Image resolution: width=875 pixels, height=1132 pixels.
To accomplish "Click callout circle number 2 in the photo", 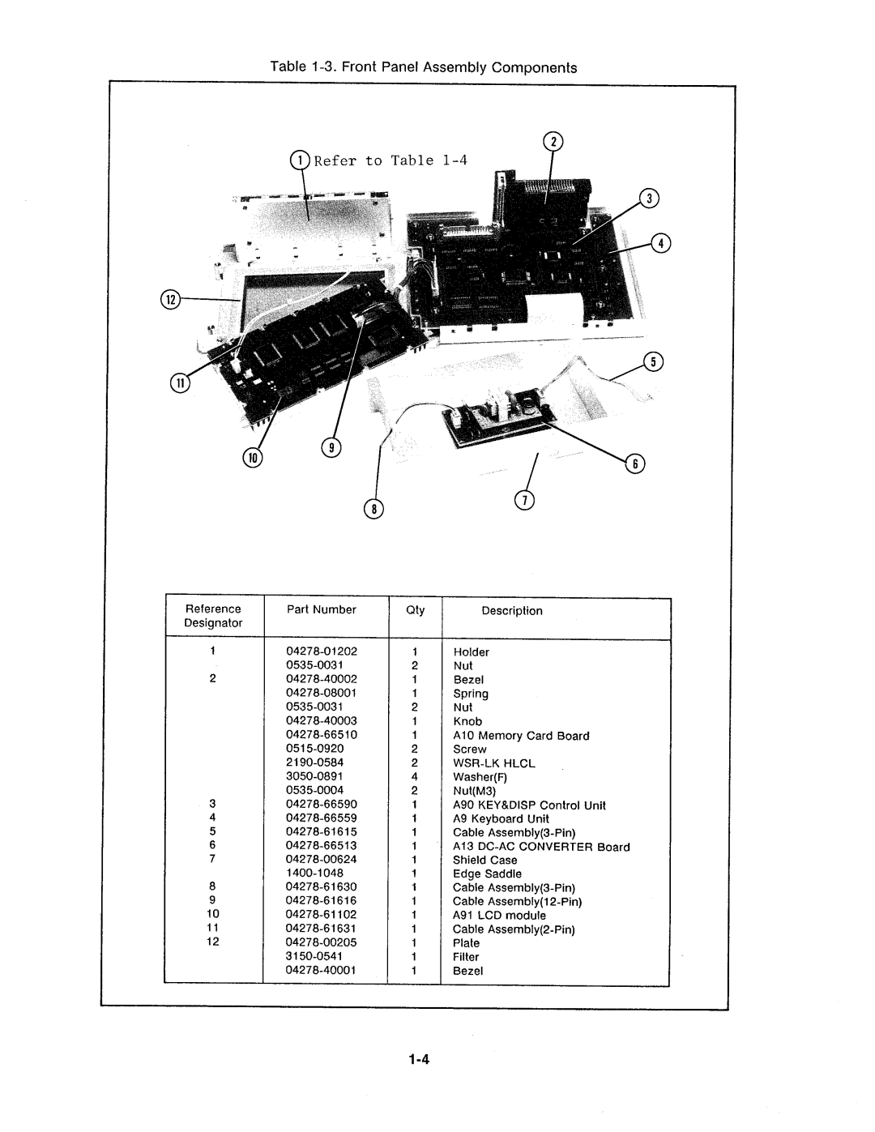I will (553, 141).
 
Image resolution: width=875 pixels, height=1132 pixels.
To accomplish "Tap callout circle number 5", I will (653, 362).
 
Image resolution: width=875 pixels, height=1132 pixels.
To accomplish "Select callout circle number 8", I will (373, 509).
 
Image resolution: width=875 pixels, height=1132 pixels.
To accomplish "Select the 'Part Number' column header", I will (322, 609).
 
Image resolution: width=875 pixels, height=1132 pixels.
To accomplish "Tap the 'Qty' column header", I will (415, 609).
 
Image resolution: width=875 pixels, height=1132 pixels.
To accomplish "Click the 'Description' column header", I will (512, 610).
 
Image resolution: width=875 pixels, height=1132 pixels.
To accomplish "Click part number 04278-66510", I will (322, 734).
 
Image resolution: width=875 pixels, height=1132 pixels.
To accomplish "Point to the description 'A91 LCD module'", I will (499, 915).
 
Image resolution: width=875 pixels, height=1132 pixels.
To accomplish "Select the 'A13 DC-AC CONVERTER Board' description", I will (541, 846).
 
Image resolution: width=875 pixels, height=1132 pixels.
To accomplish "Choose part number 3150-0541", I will (315, 956).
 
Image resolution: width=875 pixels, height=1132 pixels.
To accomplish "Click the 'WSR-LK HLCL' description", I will (494, 762).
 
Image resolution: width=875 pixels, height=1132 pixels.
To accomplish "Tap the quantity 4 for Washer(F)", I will (414, 776).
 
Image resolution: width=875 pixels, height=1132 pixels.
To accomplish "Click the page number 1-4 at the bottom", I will (418, 1060).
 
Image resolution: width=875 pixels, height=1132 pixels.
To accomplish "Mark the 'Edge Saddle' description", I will (487, 874).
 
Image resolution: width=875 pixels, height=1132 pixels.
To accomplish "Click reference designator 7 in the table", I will (212, 859).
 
